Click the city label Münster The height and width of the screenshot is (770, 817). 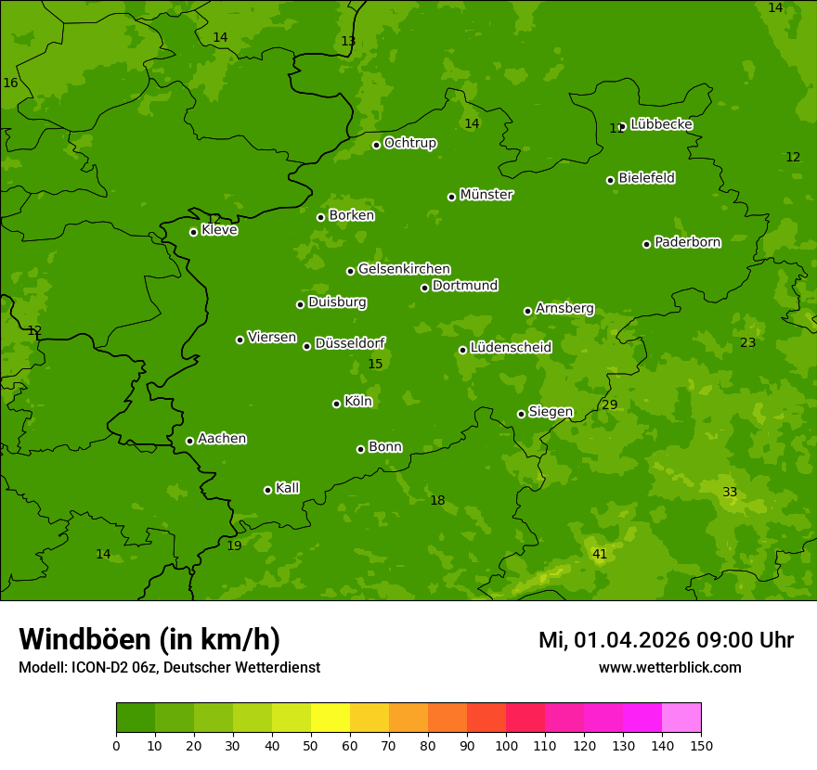486,195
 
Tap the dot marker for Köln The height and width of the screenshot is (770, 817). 336,404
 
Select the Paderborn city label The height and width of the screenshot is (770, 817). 687,242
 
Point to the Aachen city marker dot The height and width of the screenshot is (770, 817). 189,441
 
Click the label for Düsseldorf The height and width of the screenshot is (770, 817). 350,343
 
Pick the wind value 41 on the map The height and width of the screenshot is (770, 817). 600,554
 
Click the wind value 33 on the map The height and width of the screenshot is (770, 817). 730,492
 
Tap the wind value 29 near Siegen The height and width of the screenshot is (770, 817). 609,404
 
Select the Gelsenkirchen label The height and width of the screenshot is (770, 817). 404,269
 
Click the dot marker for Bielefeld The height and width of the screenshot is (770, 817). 610,180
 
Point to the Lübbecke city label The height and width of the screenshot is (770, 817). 661,124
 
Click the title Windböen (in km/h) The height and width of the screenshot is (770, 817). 149,639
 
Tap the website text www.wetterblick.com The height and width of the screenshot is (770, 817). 669,667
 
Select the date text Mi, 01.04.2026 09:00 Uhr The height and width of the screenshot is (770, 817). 666,640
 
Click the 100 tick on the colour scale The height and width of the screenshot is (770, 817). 506,745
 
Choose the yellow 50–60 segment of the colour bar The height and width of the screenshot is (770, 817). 331,718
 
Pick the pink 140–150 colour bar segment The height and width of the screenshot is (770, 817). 681,718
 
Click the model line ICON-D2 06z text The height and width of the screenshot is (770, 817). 169,667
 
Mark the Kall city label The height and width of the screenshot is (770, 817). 287,488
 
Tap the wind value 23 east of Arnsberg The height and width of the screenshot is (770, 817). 747,342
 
